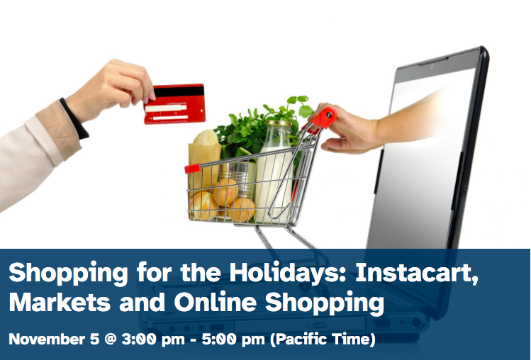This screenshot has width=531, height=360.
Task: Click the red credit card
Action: click(x=174, y=104)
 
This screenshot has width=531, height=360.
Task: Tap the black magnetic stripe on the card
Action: click(x=179, y=92)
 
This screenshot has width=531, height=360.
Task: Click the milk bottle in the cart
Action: click(x=274, y=172)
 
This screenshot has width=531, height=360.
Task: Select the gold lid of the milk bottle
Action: click(x=279, y=123)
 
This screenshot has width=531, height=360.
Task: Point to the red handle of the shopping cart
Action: click(x=324, y=118)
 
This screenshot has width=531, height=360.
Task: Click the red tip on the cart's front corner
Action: click(x=192, y=169)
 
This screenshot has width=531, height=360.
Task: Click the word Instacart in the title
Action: click(x=417, y=273)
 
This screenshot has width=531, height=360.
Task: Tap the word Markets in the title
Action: click(x=60, y=302)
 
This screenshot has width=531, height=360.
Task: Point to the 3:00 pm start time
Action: click(x=153, y=339)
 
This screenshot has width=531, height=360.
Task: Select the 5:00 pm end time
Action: click(x=233, y=339)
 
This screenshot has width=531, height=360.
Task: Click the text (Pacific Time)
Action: click(x=323, y=339)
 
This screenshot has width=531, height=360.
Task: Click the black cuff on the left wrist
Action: click(x=74, y=118)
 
